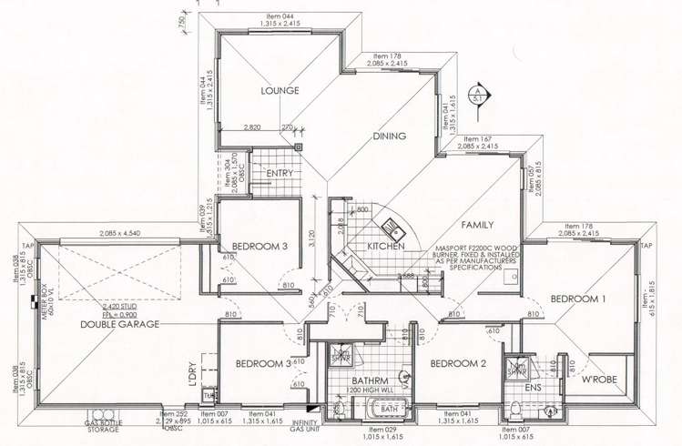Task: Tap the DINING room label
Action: point(391,137)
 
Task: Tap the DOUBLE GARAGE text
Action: point(119,324)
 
